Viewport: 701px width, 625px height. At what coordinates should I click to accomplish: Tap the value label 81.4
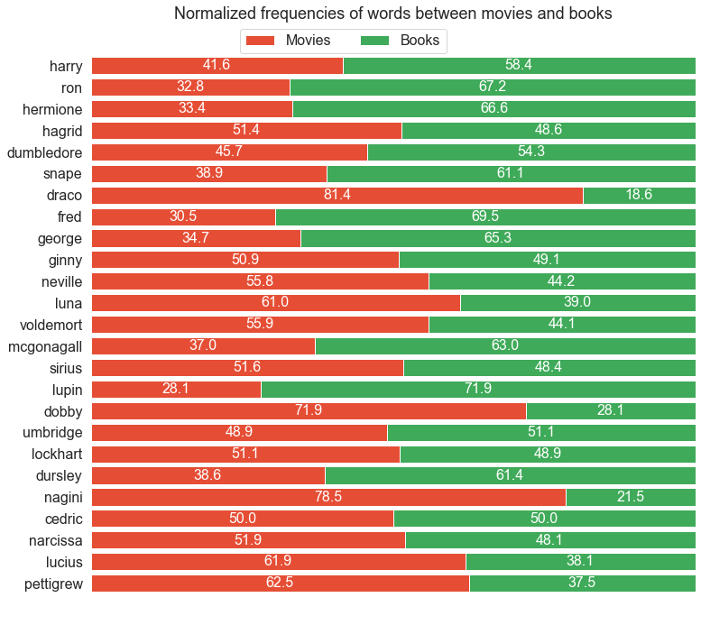click(x=337, y=196)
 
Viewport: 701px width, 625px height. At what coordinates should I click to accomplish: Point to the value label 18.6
click(x=639, y=196)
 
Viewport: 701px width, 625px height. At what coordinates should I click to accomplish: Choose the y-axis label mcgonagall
click(x=45, y=346)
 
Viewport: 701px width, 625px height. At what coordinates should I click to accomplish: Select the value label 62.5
click(x=281, y=584)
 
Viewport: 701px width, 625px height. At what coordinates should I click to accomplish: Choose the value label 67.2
click(x=493, y=87)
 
